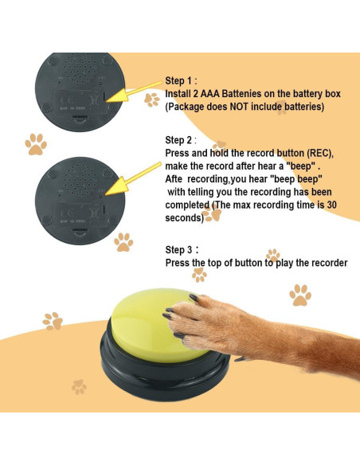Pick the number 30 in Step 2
[x=338, y=205]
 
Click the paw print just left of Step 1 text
[x=151, y=99]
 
